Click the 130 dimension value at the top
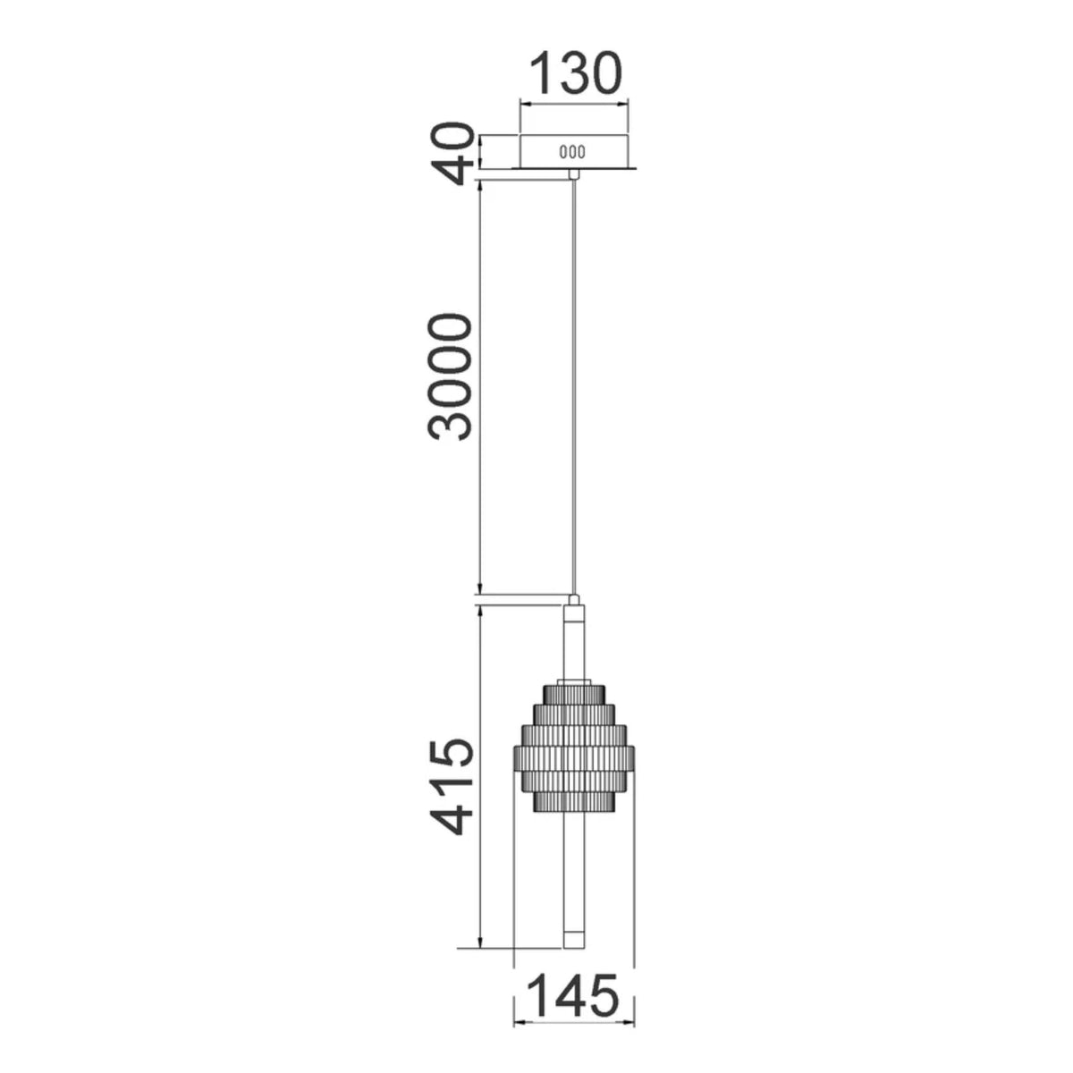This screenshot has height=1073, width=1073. click(574, 73)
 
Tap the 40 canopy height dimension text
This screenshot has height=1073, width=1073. click(452, 153)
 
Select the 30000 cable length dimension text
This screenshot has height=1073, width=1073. click(451, 377)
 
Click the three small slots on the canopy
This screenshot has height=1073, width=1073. click(573, 151)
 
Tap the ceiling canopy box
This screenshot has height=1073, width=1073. click(573, 151)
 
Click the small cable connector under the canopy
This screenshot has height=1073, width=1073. click(573, 173)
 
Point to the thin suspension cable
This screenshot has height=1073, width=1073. click(573, 387)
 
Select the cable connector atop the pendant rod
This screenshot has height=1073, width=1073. click(573, 600)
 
